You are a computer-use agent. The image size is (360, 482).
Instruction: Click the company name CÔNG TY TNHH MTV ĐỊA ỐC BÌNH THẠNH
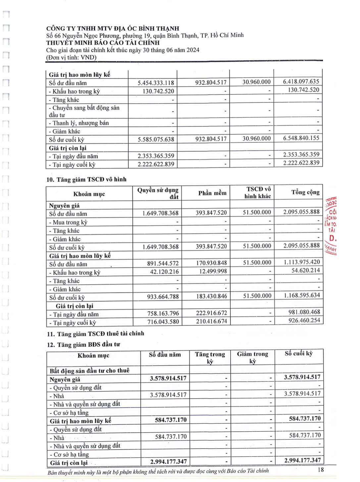(113, 28)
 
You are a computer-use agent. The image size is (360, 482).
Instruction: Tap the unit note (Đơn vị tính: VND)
(71, 57)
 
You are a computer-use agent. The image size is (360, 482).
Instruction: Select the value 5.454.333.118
(156, 83)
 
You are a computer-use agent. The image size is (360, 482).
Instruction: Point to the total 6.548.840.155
(301, 138)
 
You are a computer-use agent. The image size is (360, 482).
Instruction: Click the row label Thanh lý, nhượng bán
(80, 123)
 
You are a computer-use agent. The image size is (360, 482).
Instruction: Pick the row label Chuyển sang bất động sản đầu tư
(84, 111)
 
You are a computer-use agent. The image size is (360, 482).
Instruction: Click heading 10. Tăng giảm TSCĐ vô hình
(87, 180)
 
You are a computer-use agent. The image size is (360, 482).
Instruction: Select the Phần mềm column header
(212, 193)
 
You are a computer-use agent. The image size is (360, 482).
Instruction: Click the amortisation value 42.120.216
(163, 272)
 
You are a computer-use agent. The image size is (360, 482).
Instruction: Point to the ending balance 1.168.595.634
(302, 295)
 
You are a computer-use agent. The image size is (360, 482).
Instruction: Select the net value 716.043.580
(163, 322)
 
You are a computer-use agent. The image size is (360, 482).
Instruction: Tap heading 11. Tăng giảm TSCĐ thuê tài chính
(96, 334)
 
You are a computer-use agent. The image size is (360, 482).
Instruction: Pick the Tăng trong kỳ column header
(210, 357)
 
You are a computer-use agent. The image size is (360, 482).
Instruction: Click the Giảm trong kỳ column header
(252, 357)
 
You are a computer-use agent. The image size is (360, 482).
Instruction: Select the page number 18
(320, 469)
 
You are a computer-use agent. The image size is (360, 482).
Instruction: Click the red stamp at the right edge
(331, 225)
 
